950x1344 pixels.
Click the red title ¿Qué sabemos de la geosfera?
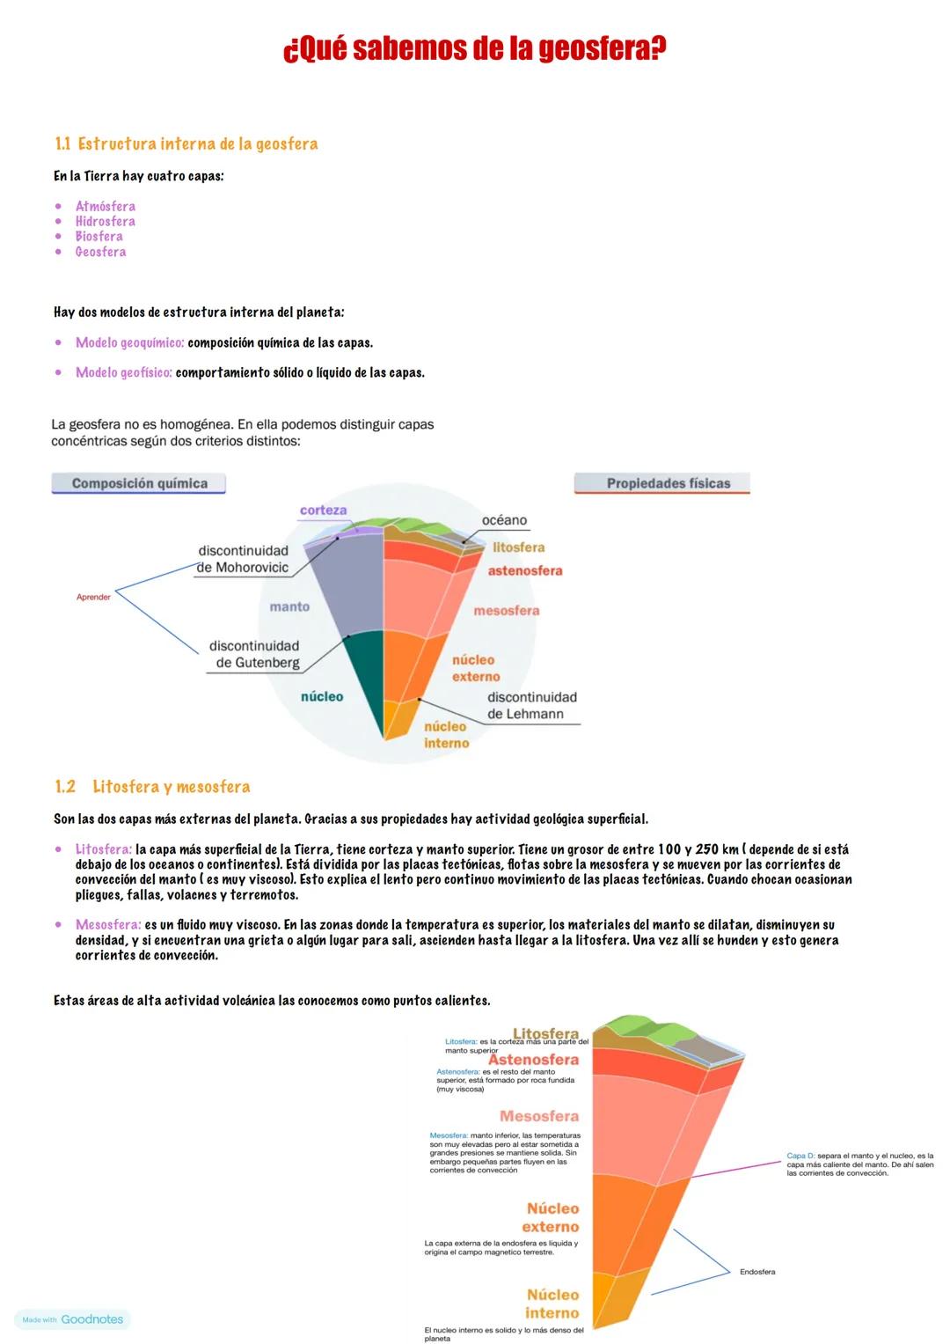[x=474, y=48]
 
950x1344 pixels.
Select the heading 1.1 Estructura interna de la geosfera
[x=186, y=143]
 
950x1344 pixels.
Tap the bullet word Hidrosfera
[x=105, y=222]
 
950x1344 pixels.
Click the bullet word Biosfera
[x=99, y=237]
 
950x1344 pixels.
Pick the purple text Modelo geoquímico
[x=129, y=342]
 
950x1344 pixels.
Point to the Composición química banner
[x=139, y=483]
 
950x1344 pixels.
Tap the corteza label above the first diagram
[x=323, y=510]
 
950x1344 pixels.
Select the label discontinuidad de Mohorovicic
[x=243, y=559]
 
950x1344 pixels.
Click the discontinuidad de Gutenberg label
[x=254, y=654]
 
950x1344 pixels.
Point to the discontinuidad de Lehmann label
[x=531, y=705]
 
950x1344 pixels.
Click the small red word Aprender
[x=93, y=598]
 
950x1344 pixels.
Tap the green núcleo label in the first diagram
[x=322, y=696]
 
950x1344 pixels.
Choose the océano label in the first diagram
[x=504, y=520]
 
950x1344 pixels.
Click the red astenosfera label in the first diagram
[x=524, y=570]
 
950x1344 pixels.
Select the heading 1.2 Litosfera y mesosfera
[x=152, y=787]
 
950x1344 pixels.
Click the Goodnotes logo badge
[x=73, y=1319]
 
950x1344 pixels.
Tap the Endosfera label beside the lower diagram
[x=756, y=1272]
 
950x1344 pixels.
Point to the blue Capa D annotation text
[x=859, y=1164]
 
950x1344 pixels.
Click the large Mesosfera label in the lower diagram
[x=538, y=1116]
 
